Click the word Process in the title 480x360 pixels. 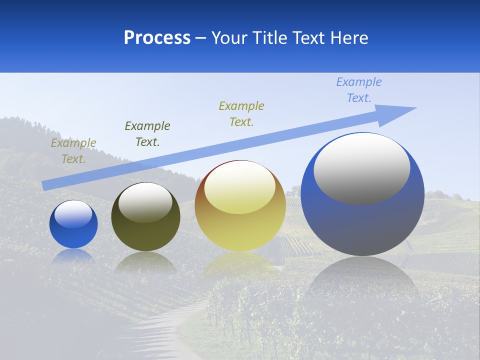157,38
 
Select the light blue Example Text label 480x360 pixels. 359,90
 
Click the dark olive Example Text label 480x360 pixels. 147,134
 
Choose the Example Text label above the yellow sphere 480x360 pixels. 241,113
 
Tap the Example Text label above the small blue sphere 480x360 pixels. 73,151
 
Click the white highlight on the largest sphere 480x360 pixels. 361,168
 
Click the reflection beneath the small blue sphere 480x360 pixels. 73,256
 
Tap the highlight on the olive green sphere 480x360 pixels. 145,202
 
